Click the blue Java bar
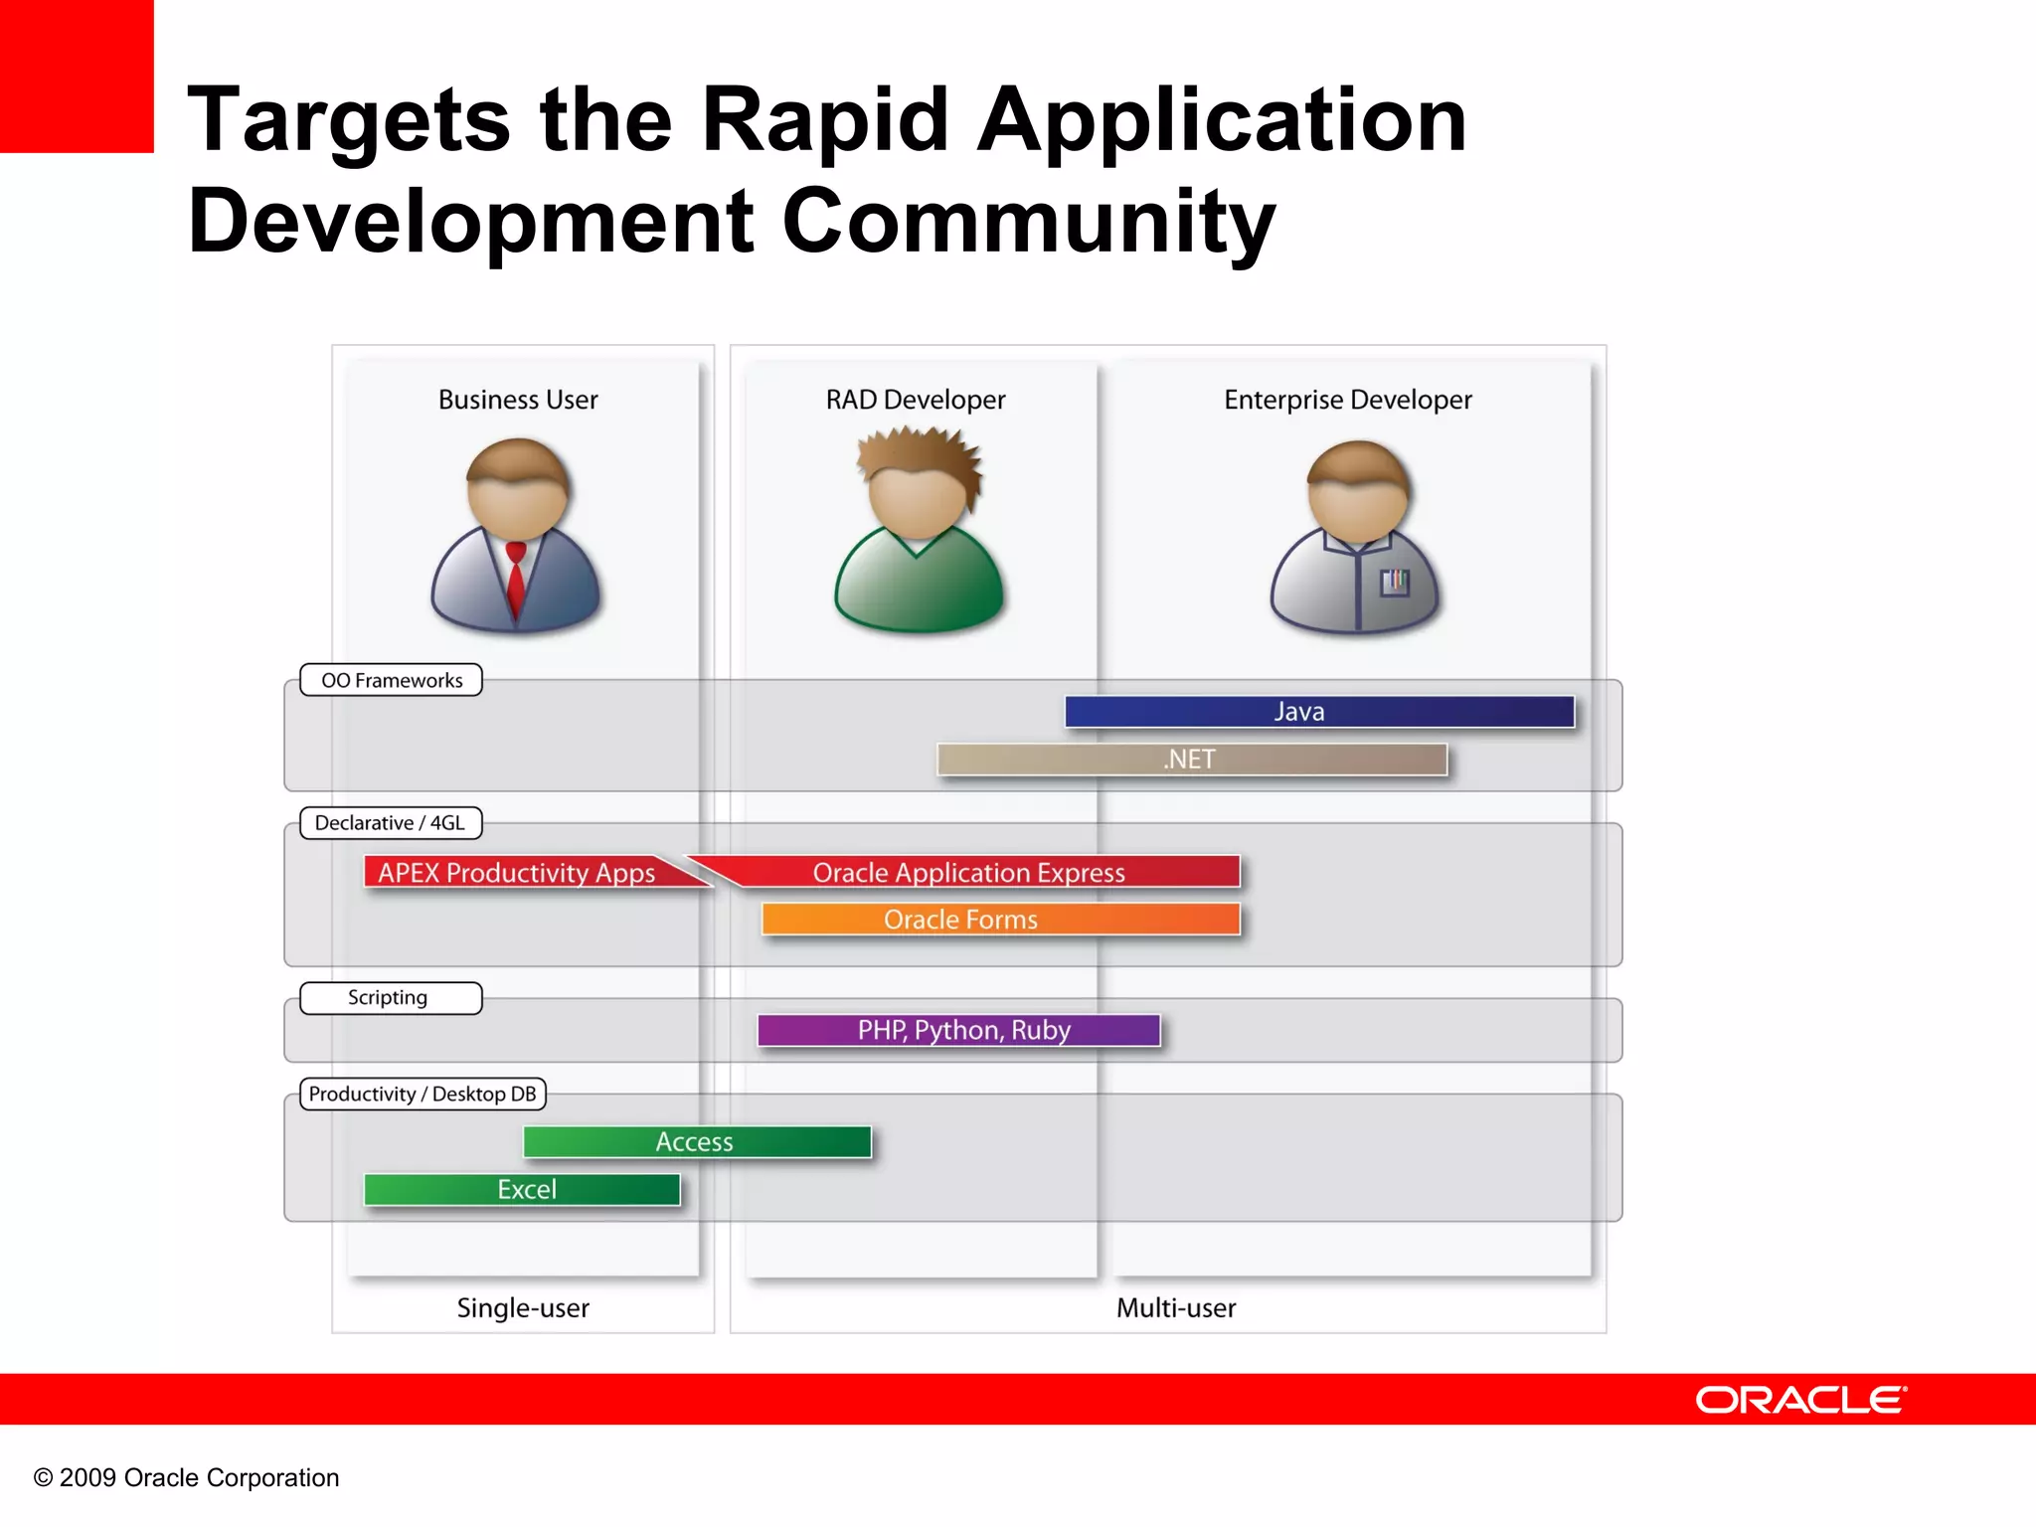(1319, 712)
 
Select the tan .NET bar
(1191, 760)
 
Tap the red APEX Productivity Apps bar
(517, 872)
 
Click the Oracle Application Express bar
(969, 872)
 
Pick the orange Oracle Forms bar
(1000, 920)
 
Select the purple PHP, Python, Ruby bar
(958, 1030)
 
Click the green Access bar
(697, 1141)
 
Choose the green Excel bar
(522, 1189)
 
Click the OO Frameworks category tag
(391, 680)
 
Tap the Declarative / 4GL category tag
(391, 823)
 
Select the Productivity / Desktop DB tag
(423, 1094)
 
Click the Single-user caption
(523, 1307)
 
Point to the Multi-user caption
(1176, 1307)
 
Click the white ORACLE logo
(1800, 1400)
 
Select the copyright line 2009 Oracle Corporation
(187, 1477)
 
